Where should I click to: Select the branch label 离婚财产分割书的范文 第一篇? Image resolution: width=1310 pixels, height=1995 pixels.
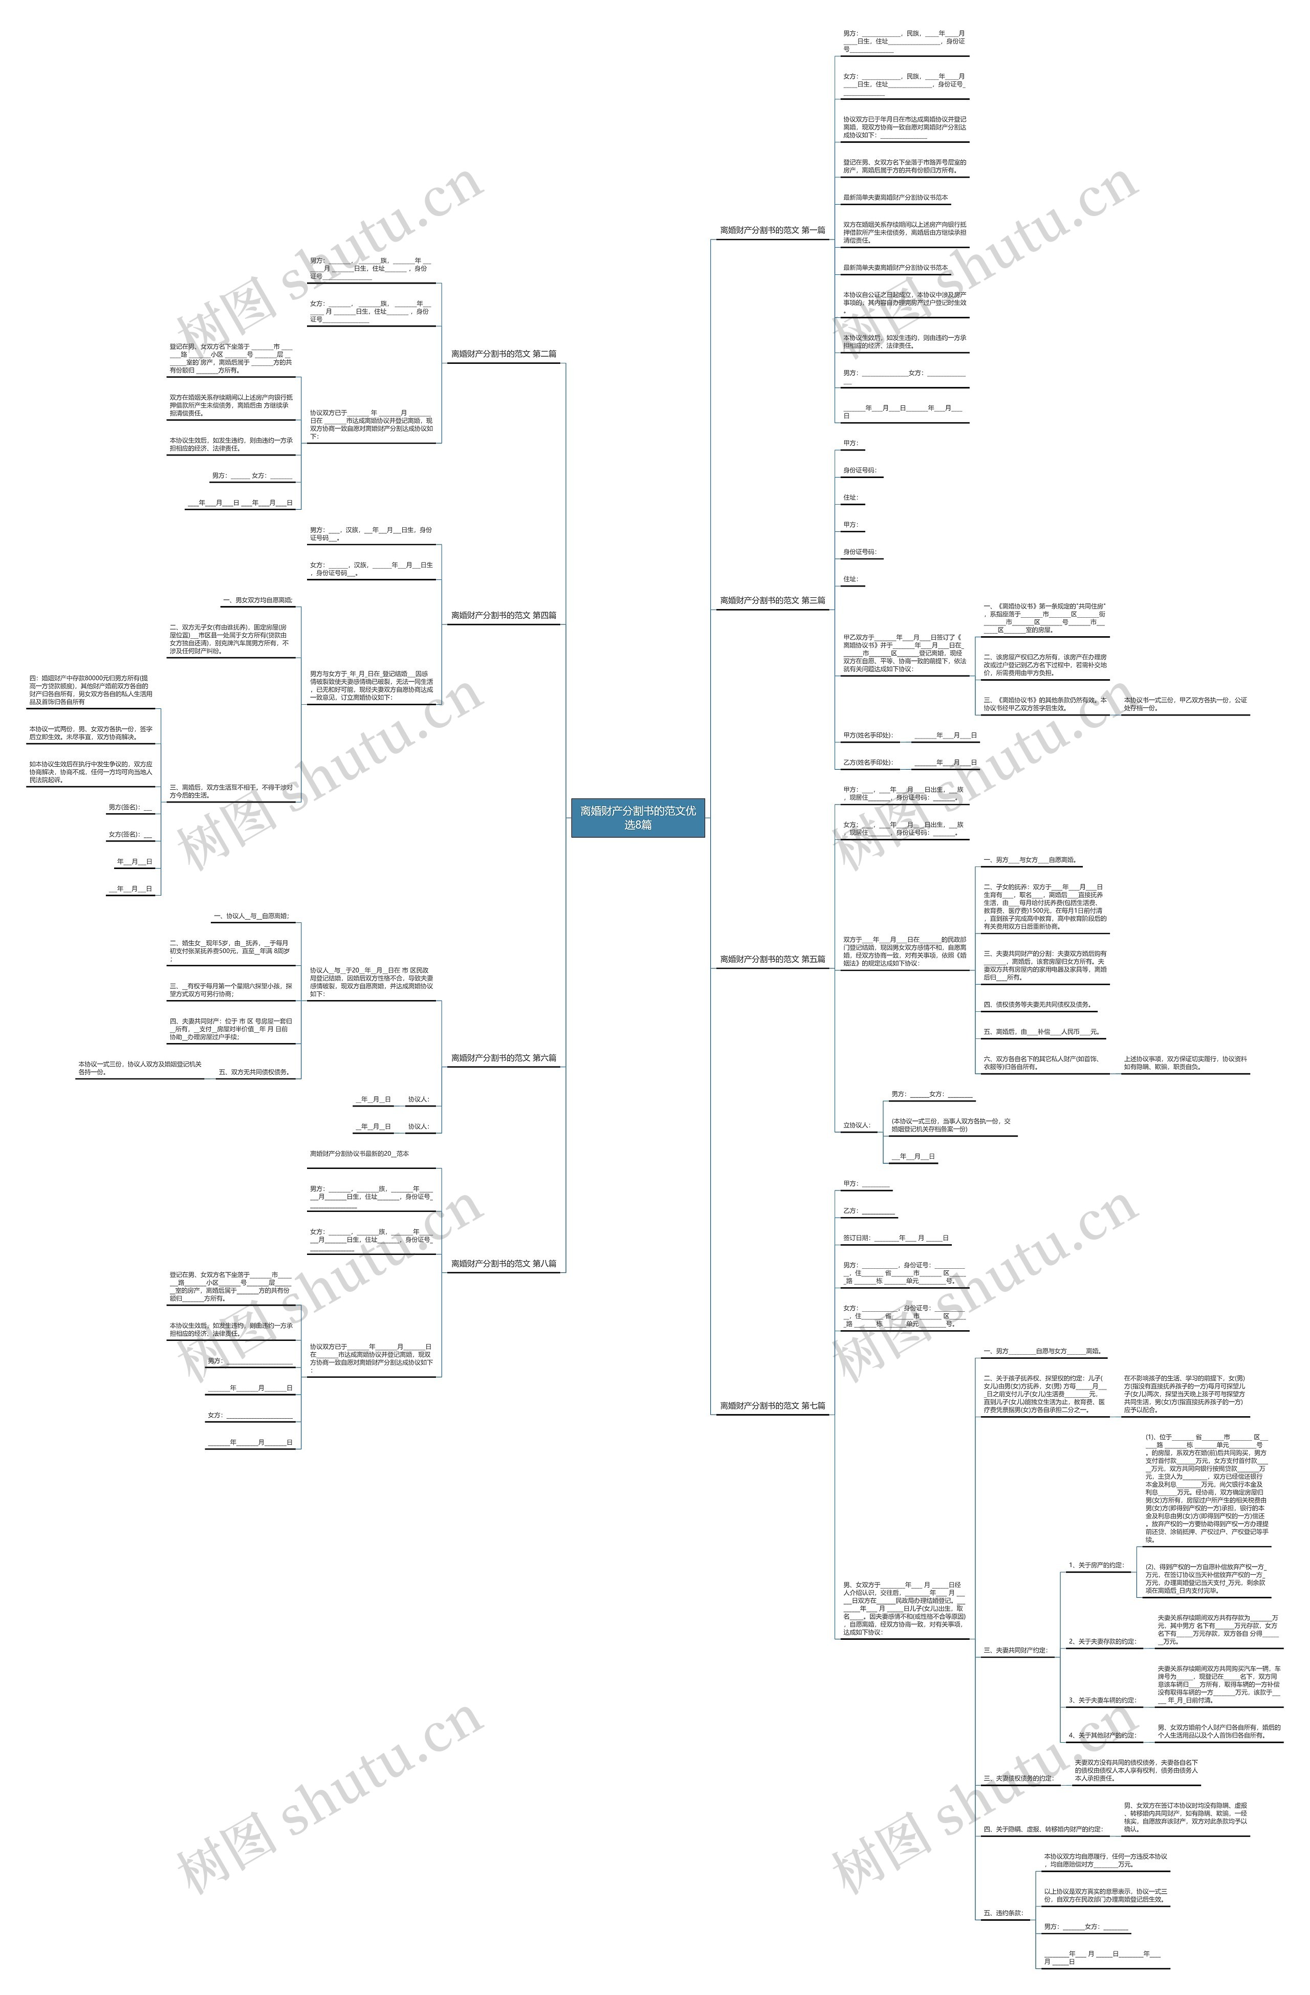point(772,230)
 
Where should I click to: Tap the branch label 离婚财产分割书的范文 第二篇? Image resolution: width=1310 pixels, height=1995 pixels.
point(504,354)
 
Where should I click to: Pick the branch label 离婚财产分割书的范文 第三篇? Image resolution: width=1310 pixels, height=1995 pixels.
point(772,600)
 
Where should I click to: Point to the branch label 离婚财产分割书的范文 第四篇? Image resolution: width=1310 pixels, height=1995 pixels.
point(504,615)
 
